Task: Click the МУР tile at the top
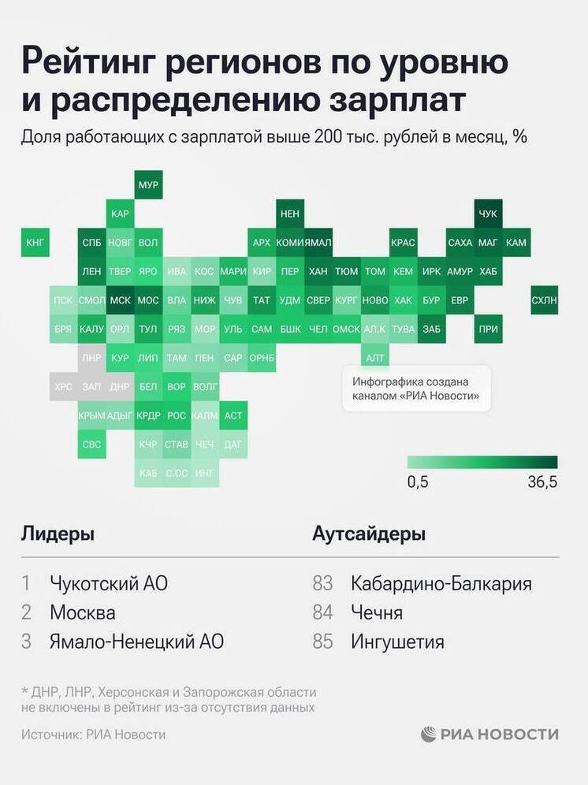click(x=148, y=185)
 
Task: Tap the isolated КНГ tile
click(x=35, y=243)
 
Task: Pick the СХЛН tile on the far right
click(x=544, y=300)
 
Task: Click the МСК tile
click(x=120, y=300)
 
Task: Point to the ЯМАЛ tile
click(x=318, y=243)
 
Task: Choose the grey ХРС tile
click(x=63, y=387)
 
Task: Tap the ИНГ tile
click(x=204, y=474)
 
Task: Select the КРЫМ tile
click(x=91, y=415)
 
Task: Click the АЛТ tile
click(x=375, y=358)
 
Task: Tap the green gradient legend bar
click(x=482, y=462)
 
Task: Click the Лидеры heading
click(x=58, y=534)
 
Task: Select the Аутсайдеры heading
click(x=369, y=534)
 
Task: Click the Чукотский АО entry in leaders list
click(x=109, y=584)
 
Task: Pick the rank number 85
click(x=323, y=642)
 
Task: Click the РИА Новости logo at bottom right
click(x=489, y=734)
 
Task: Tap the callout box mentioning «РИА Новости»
click(x=416, y=389)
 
